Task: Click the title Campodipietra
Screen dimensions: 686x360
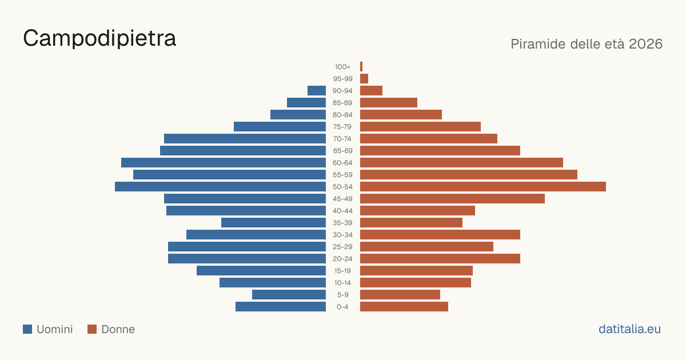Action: [x=99, y=39]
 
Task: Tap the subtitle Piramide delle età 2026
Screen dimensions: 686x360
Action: [x=587, y=44]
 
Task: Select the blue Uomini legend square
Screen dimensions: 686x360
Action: [x=27, y=329]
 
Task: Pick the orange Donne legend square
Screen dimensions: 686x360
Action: [x=92, y=329]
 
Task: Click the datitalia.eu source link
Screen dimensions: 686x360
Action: [x=629, y=329]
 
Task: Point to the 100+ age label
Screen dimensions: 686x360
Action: [x=342, y=67]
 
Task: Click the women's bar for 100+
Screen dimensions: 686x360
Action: [x=361, y=67]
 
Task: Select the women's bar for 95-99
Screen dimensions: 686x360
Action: [x=364, y=79]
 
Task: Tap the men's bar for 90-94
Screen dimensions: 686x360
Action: [x=317, y=91]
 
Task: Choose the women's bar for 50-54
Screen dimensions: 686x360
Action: [x=483, y=187]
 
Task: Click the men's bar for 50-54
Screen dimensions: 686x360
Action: [x=220, y=187]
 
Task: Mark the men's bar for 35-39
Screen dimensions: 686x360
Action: [x=273, y=222]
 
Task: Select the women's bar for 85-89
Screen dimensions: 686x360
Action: [x=389, y=102]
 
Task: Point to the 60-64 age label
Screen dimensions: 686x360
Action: [x=342, y=163]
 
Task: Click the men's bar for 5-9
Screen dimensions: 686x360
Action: [x=289, y=295]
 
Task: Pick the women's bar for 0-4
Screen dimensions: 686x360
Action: [x=404, y=307]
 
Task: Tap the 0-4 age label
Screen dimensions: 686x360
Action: [x=342, y=307]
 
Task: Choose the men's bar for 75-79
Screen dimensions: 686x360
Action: [x=280, y=127]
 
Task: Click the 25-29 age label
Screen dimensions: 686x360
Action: [x=342, y=247]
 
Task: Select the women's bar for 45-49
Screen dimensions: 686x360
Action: [x=452, y=199]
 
